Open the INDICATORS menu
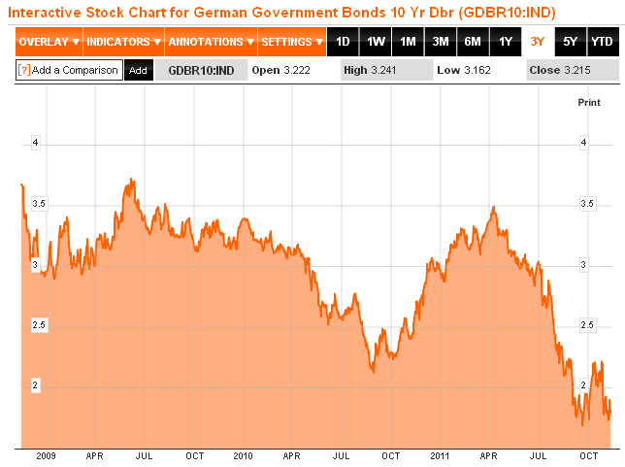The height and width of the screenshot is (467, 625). tap(122, 43)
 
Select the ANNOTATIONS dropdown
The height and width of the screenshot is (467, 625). tap(210, 43)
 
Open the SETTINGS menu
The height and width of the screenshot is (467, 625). tap(292, 43)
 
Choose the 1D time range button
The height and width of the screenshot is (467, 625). tap(343, 43)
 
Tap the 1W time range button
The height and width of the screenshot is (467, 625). tap(376, 43)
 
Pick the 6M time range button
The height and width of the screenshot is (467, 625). tap(473, 43)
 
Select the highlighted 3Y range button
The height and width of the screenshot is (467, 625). tap(538, 43)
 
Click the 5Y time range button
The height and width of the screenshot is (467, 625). tap(570, 43)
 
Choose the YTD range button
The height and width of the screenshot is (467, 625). tap(602, 43)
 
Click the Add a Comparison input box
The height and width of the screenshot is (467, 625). tap(69, 71)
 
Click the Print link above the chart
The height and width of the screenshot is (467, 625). tap(589, 102)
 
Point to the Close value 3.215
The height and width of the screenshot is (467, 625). tap(581, 71)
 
